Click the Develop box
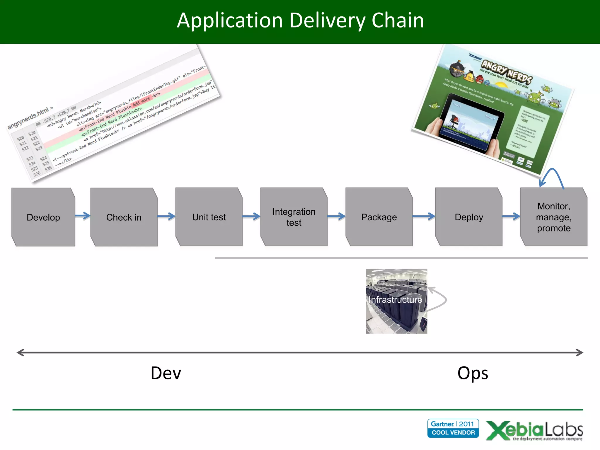click(x=43, y=217)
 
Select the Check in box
click(x=124, y=217)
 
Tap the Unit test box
click(x=209, y=217)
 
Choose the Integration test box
click(x=294, y=217)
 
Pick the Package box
click(x=379, y=217)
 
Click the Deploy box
click(x=469, y=217)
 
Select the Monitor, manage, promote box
click(x=554, y=217)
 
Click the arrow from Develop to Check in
click(x=83, y=216)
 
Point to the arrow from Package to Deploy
click(x=424, y=217)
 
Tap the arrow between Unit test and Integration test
click(x=251, y=217)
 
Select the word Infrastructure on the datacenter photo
click(x=395, y=300)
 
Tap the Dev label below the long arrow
click(x=166, y=373)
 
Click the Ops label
click(x=473, y=373)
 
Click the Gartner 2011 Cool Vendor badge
click(x=453, y=428)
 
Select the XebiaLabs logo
click(x=534, y=430)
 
